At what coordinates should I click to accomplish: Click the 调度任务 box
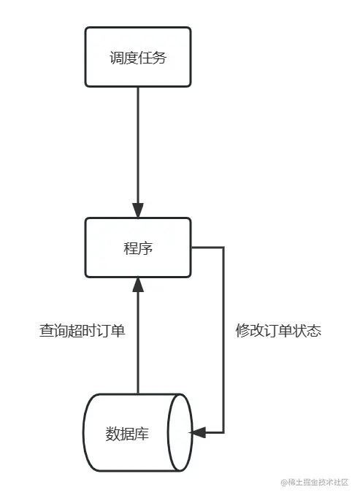[137, 57]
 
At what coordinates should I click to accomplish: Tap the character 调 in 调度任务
[115, 57]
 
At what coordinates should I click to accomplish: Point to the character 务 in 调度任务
[159, 57]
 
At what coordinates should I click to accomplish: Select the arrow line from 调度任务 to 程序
[137, 146]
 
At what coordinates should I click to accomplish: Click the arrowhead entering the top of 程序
[137, 210]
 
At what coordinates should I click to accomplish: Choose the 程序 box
[137, 248]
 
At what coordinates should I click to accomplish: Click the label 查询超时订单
[82, 331]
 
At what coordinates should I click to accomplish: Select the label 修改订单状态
[278, 331]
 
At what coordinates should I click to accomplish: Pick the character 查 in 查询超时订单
[46, 331]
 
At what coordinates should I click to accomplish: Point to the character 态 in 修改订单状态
[314, 331]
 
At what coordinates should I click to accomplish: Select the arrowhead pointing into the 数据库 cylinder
[198, 433]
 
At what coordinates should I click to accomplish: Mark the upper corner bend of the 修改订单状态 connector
[223, 248]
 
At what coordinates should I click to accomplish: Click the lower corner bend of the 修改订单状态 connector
[223, 433]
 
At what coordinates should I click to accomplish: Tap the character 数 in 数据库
[112, 434]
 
